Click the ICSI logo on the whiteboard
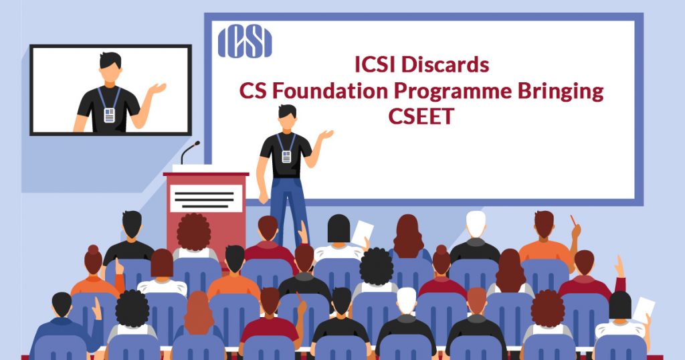[x=245, y=41]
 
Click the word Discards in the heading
[x=445, y=65]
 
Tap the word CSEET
[x=421, y=116]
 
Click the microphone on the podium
[x=190, y=152]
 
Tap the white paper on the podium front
[x=206, y=198]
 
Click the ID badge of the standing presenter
[x=286, y=157]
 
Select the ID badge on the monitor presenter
[x=109, y=115]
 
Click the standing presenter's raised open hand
[x=326, y=134]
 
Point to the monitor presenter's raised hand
[x=157, y=88]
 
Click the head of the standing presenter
[x=287, y=118]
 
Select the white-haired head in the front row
[x=406, y=300]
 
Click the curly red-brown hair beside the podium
[x=193, y=232]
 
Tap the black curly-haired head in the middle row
[x=376, y=266]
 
